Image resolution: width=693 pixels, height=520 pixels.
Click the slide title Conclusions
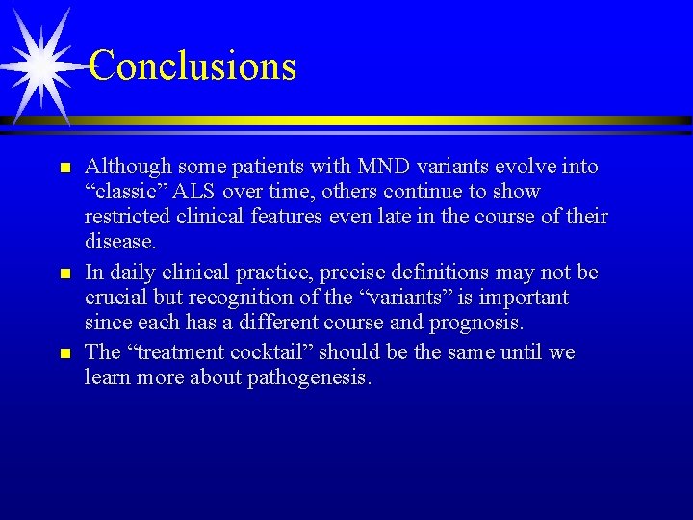point(192,65)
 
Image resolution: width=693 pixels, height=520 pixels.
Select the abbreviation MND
point(390,167)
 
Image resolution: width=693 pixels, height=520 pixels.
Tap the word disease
point(120,241)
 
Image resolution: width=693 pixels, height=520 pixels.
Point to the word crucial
point(117,298)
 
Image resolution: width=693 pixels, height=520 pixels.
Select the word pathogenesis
point(307,377)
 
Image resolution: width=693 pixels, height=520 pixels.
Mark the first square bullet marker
point(65,169)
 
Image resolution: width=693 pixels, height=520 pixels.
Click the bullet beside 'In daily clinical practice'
point(65,274)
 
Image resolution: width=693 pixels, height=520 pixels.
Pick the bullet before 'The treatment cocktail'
point(65,354)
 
